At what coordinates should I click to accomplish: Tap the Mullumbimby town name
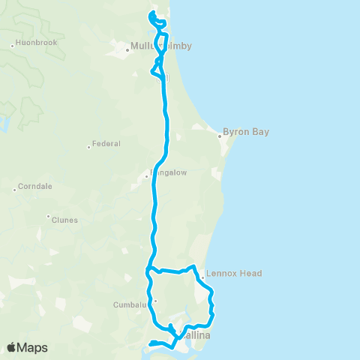[x=161, y=46]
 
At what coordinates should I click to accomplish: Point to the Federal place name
[x=106, y=144]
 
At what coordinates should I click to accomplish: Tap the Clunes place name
[x=64, y=220]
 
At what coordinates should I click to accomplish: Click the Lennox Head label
[x=234, y=274]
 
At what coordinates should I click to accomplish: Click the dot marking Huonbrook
[x=13, y=46]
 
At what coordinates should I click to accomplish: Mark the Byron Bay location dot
[x=220, y=136]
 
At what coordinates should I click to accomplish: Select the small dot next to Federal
[x=89, y=147]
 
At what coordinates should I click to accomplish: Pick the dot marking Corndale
[x=14, y=190]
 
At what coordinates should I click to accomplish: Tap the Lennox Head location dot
[x=202, y=278]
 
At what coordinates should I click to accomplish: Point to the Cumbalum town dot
[x=155, y=301]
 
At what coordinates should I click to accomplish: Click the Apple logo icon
[x=11, y=347]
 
